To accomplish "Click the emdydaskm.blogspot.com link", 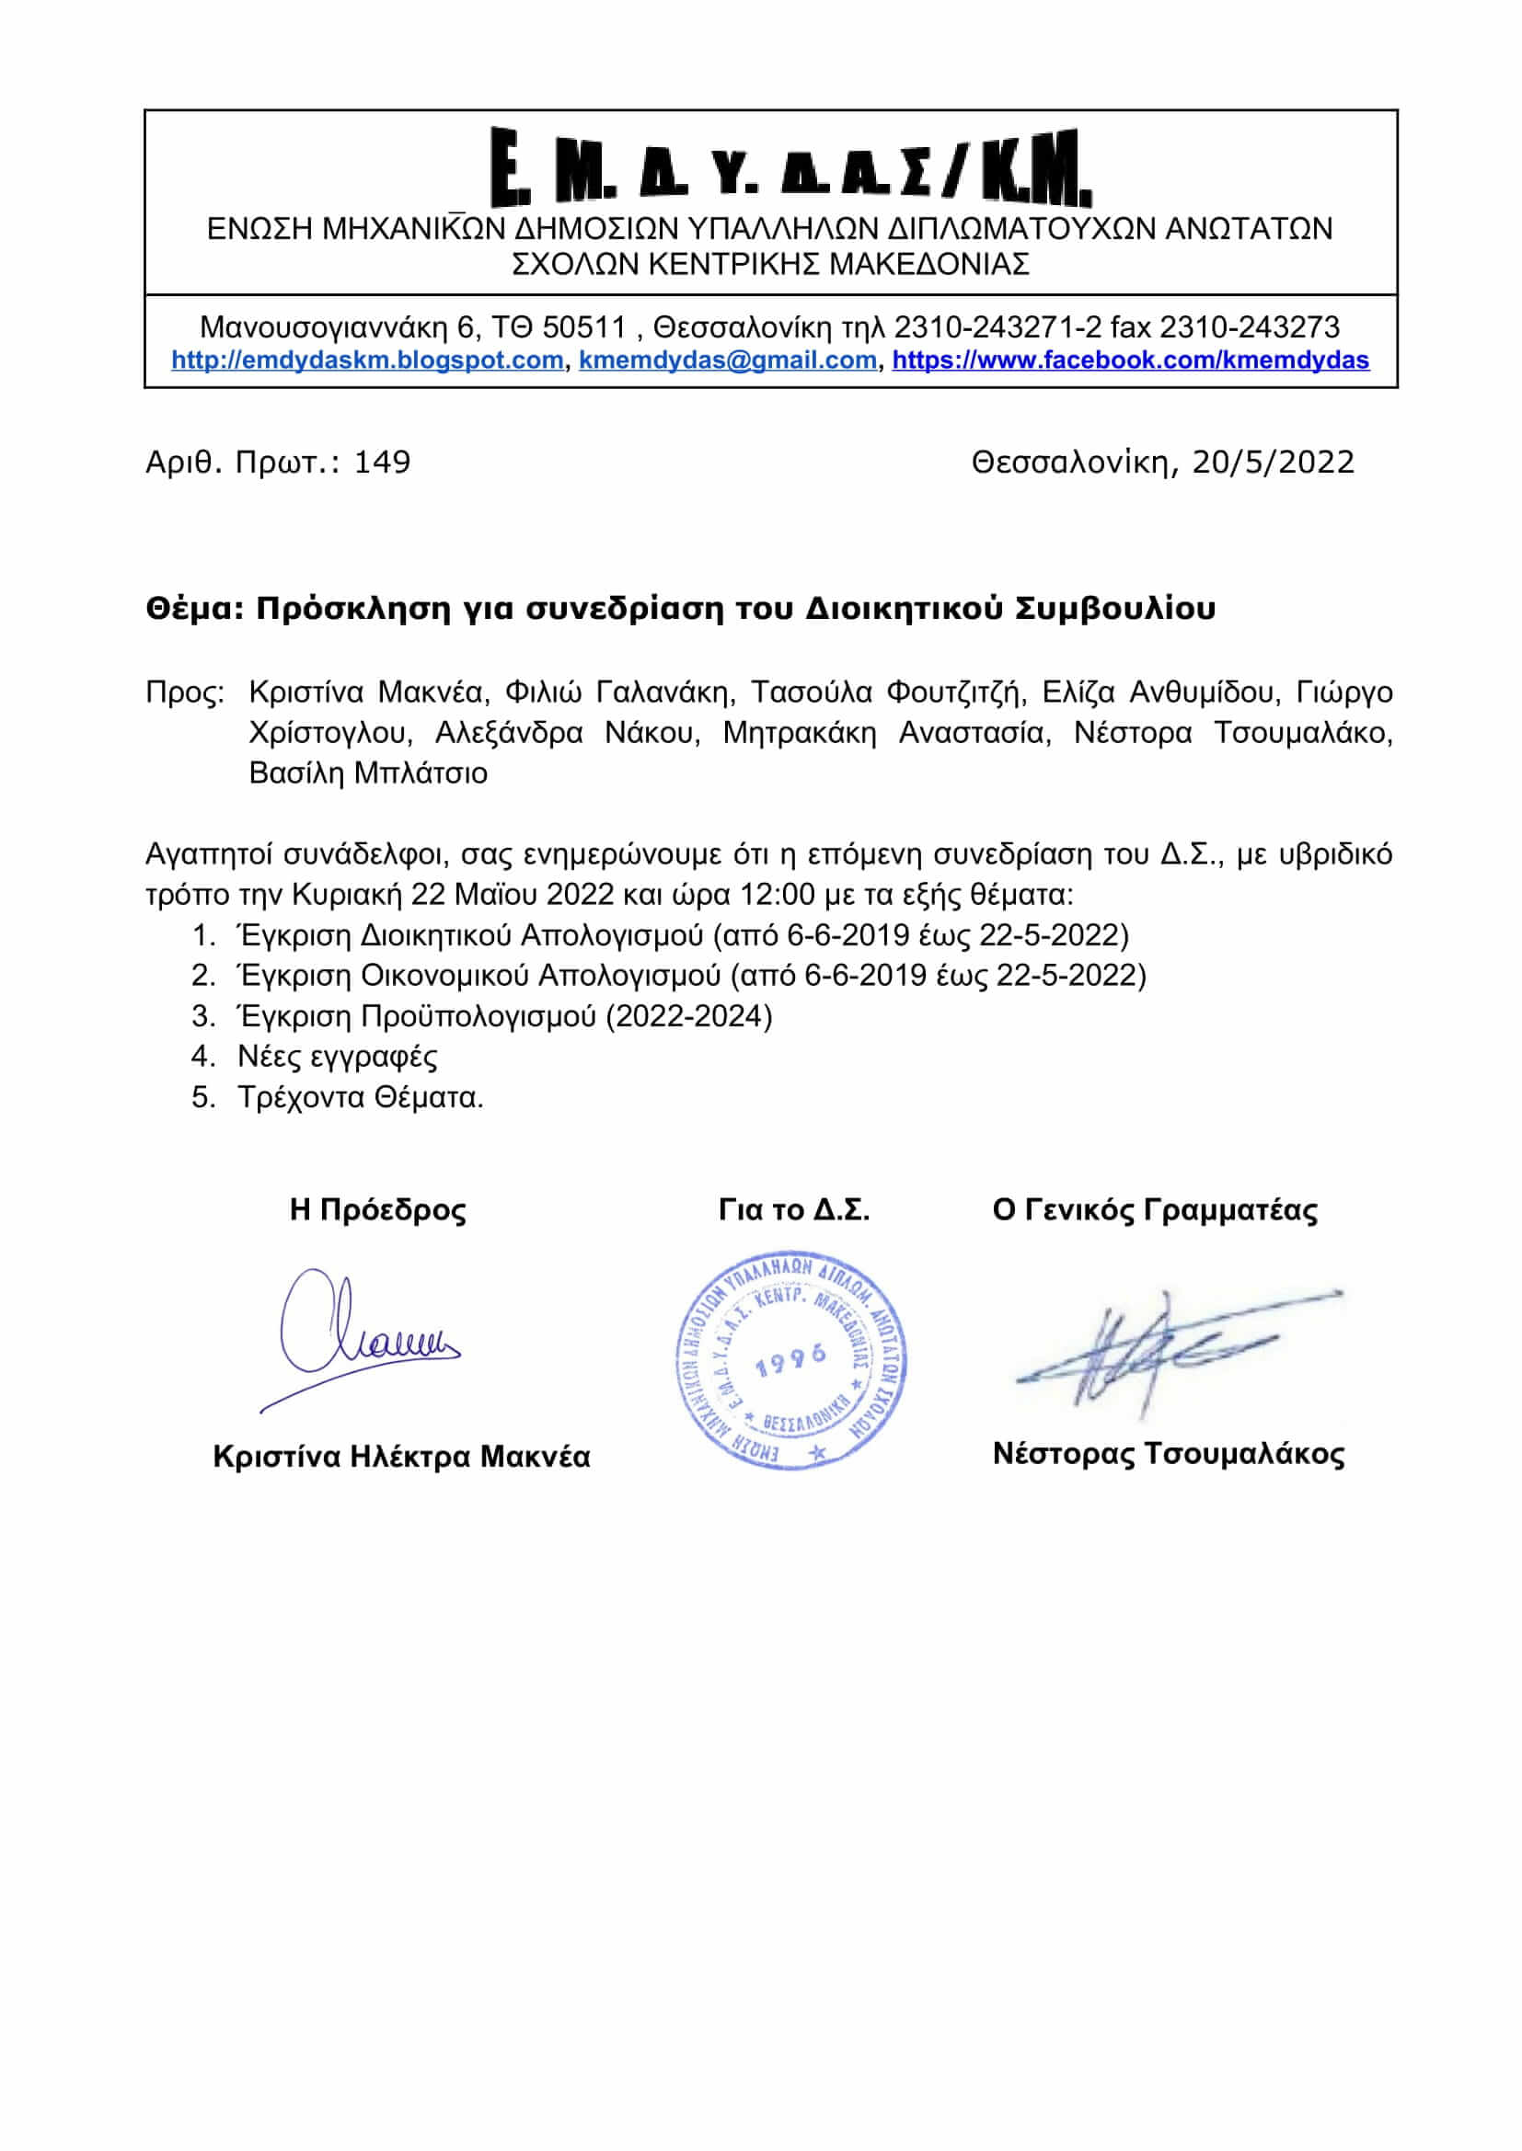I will coord(367,360).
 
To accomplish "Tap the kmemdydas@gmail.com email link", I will coord(727,360).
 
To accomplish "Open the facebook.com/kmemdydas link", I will coord(1130,360).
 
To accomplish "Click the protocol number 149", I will coord(382,462).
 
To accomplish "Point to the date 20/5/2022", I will coord(1273,462).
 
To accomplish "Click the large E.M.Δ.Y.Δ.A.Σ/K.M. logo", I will coord(792,168).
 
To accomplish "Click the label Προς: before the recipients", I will coord(185,692).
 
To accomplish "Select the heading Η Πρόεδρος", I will coord(377,1209).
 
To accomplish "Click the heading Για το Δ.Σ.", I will coord(794,1210).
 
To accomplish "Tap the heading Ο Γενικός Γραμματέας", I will coord(1155,1210).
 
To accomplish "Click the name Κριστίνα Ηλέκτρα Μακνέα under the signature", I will coord(401,1457).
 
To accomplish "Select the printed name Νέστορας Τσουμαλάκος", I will coord(1169,1454).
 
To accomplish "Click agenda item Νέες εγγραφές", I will coord(338,1057).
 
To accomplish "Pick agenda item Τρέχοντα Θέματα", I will coord(361,1097).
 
